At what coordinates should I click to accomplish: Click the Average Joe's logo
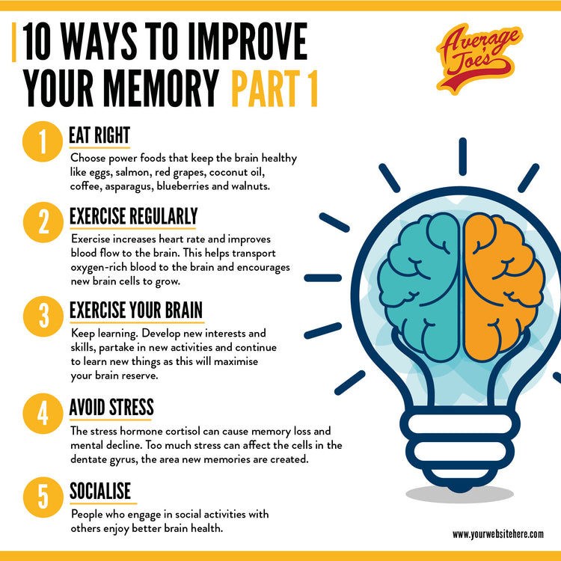479,58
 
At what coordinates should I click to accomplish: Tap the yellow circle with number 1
43,144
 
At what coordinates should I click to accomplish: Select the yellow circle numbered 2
43,223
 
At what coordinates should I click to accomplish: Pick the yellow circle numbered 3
43,315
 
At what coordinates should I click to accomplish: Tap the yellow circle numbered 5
43,497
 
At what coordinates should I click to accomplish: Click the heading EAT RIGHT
99,135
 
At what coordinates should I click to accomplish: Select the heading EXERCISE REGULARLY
133,216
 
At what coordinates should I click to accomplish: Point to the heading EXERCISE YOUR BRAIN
136,310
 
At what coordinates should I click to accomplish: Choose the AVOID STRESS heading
111,408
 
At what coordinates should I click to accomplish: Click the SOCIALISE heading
100,491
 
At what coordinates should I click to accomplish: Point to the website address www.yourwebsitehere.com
497,534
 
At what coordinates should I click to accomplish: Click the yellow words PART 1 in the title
274,88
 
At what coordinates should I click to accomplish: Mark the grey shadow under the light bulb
459,494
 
